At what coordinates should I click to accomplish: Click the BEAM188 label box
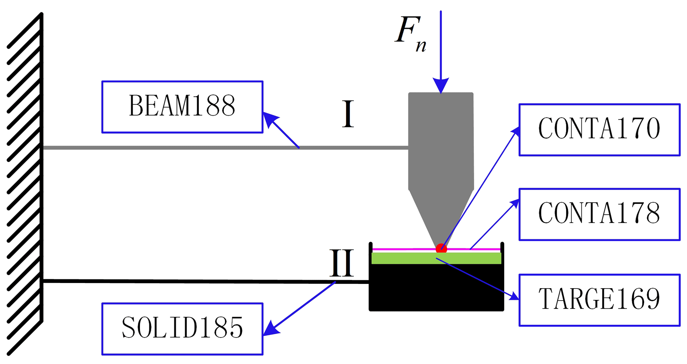182,107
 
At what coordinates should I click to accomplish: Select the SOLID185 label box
182,329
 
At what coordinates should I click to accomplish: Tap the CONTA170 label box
600,130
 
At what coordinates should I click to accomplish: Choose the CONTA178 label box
600,215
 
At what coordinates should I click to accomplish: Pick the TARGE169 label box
600,300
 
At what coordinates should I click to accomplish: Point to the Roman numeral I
348,114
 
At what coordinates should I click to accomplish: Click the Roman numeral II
341,263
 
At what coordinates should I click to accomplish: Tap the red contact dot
441,248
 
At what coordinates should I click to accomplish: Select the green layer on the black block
436,258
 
